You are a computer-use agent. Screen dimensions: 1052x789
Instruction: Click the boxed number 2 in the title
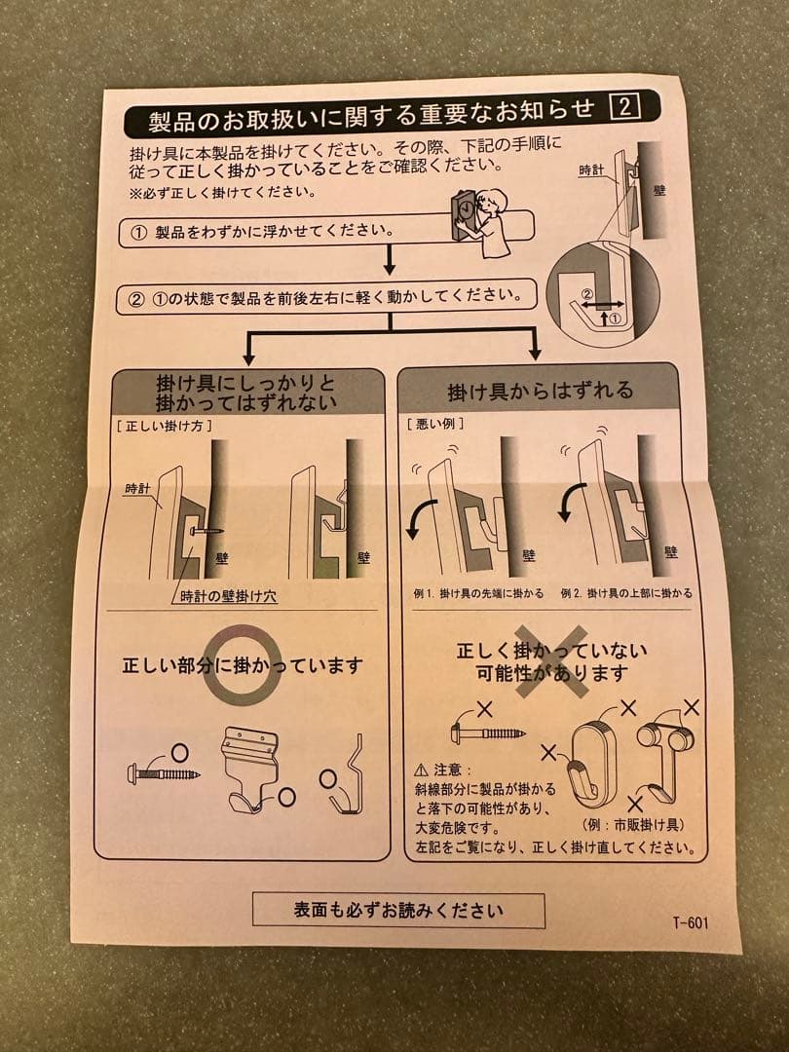[x=623, y=107]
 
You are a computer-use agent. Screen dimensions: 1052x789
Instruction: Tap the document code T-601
[x=690, y=922]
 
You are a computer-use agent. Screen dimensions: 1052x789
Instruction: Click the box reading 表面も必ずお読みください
[x=398, y=911]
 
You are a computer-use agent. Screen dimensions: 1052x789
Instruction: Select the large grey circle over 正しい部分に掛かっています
[x=242, y=665]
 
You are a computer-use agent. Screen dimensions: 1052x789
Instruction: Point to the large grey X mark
[x=550, y=663]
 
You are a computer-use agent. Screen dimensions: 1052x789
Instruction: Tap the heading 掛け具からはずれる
[x=540, y=391]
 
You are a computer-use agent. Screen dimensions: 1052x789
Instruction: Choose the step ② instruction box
[x=326, y=295]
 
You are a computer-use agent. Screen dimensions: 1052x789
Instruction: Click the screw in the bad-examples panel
[x=489, y=731]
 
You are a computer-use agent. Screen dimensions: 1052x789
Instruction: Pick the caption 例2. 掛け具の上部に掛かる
[x=626, y=593]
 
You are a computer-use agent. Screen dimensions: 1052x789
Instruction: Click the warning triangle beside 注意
[x=421, y=770]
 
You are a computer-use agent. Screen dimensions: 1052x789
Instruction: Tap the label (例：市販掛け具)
[x=632, y=825]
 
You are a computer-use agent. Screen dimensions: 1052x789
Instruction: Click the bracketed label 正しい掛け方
[x=164, y=426]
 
